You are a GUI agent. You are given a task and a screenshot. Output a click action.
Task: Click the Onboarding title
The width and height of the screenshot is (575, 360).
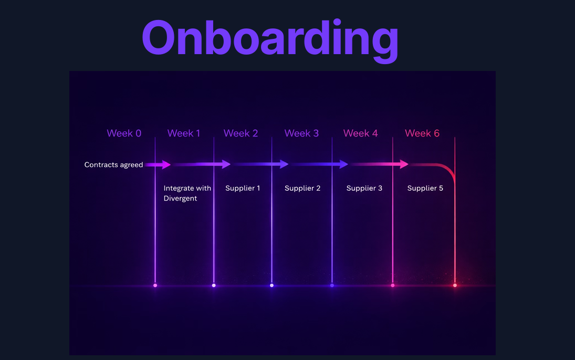point(269,38)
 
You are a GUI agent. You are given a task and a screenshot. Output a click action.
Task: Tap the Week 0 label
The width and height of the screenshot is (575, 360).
point(124,133)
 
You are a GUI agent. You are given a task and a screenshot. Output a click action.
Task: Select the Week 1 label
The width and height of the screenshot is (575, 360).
point(184,133)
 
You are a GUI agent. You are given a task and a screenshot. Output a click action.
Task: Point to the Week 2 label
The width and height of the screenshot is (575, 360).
point(241,133)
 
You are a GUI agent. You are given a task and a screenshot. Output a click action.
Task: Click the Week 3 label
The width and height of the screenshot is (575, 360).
point(301,133)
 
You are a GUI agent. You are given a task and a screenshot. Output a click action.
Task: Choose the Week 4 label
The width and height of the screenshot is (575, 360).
point(360,133)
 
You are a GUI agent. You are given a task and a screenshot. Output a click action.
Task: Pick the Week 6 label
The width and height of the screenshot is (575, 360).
point(422,133)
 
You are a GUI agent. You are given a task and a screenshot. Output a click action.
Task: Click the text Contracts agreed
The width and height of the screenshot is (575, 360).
point(113,165)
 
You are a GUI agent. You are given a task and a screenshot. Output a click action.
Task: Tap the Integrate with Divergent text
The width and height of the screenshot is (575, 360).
point(187,193)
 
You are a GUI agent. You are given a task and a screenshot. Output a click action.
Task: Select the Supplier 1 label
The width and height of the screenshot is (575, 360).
point(243,188)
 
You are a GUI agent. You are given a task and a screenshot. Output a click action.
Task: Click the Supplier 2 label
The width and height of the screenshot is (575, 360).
point(302,188)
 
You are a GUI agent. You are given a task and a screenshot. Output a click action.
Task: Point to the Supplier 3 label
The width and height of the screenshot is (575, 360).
point(364,188)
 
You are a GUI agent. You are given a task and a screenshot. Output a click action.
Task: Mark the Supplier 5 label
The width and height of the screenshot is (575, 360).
point(425,188)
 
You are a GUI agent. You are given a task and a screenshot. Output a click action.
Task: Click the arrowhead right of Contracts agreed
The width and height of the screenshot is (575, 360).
point(166,164)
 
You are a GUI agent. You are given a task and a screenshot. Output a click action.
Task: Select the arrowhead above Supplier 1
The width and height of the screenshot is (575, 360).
point(226,164)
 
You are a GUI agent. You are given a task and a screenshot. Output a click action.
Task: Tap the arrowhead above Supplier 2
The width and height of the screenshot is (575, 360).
point(285,164)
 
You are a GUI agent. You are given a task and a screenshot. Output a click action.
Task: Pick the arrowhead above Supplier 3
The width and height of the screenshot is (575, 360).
point(344,164)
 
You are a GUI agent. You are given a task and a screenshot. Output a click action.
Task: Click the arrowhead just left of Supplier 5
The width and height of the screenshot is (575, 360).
point(404,164)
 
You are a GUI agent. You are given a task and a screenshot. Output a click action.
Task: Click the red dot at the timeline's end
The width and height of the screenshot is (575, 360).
point(455,285)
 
